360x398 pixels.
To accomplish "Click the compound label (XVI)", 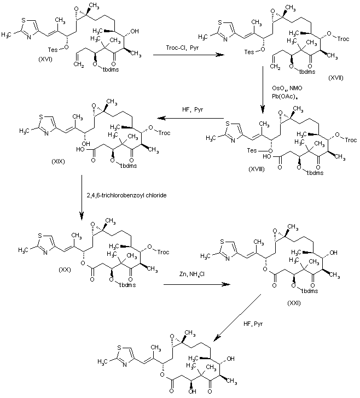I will point(48,57).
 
